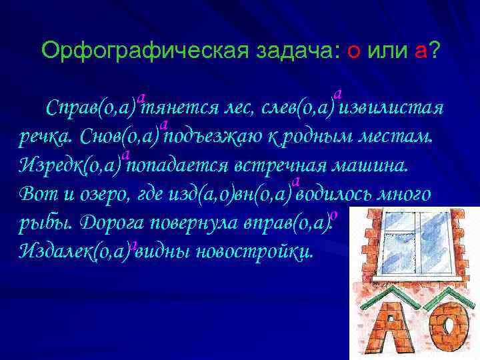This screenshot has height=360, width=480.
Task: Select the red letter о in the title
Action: (x=354, y=51)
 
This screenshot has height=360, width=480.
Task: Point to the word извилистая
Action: (x=393, y=108)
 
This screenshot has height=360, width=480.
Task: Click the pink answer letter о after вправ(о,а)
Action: (x=335, y=215)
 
